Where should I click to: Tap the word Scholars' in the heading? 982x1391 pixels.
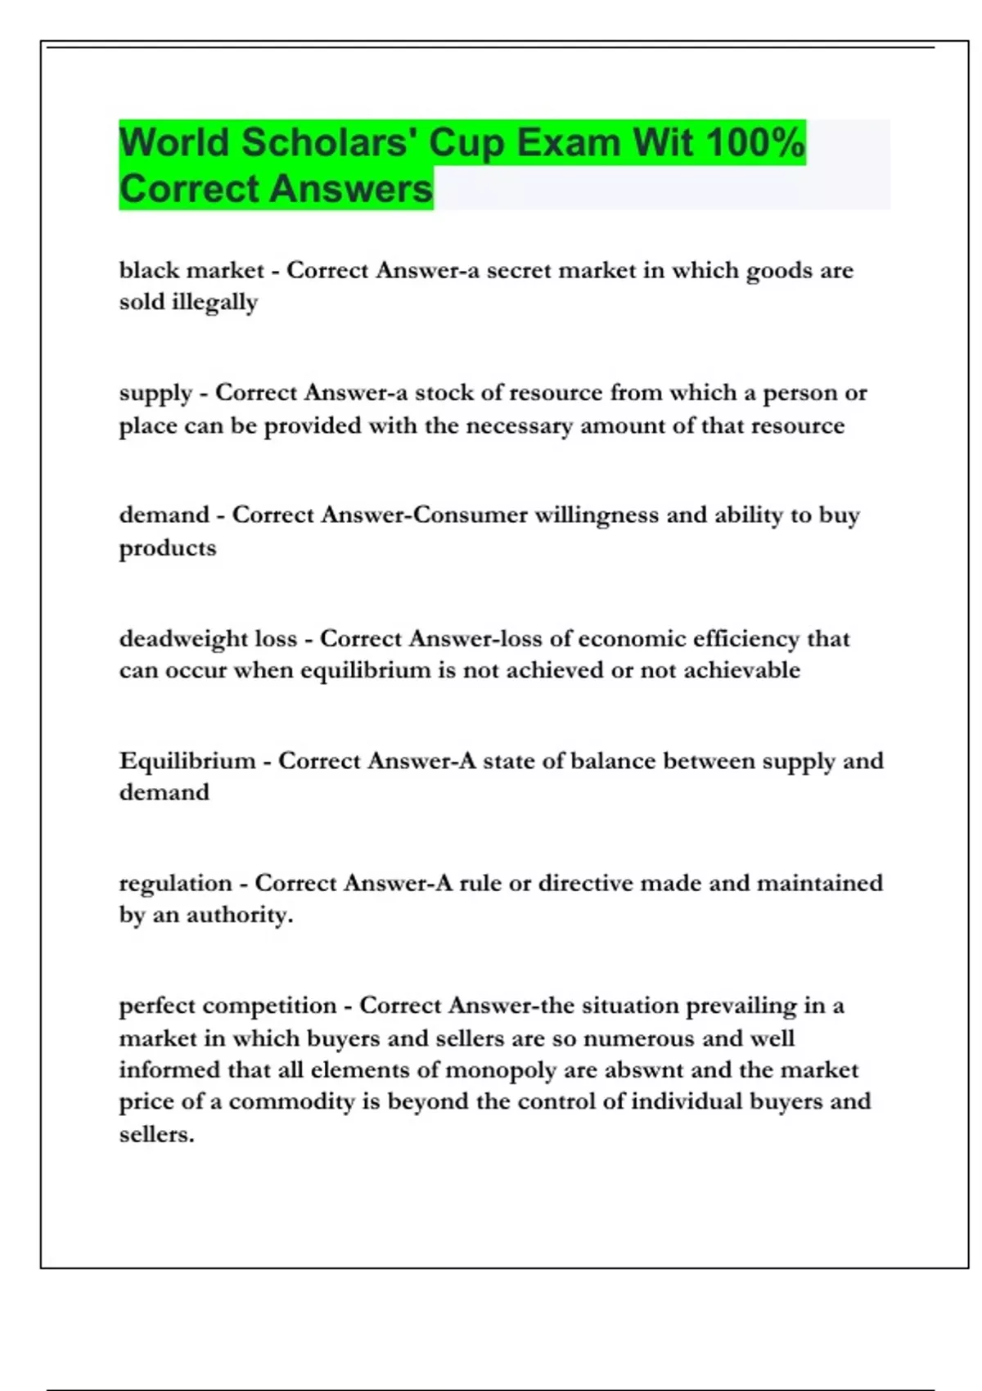[329, 142]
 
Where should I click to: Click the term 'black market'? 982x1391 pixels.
[191, 270]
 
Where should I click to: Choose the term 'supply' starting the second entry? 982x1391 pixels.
[155, 394]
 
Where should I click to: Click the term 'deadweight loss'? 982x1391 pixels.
[208, 638]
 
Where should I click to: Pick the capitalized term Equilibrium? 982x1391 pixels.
[187, 761]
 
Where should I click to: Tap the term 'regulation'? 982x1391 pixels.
[176, 884]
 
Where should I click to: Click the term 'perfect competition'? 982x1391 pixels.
[227, 1006]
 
